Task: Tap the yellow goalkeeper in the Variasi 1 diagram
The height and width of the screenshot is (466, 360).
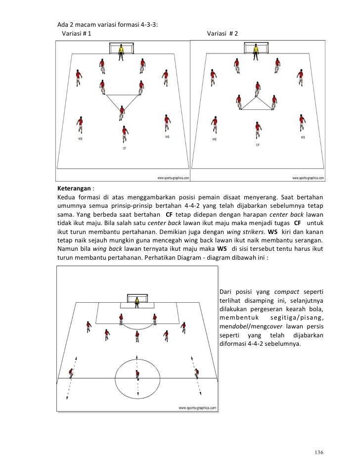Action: tap(121, 52)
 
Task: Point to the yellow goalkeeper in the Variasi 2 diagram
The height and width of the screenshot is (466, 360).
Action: tap(257, 51)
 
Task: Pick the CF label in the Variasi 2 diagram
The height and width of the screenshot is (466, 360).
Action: tap(258, 145)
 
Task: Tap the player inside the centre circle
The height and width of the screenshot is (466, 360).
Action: tap(136, 376)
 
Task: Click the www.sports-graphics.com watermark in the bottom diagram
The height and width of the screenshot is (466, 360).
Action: tap(197, 408)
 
